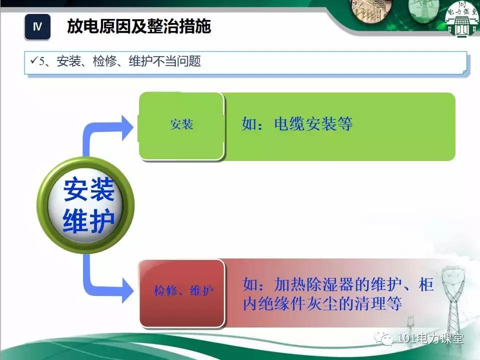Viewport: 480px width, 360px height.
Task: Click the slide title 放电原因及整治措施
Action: (139, 26)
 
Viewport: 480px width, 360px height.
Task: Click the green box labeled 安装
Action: (181, 125)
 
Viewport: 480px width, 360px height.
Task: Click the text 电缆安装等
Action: (313, 124)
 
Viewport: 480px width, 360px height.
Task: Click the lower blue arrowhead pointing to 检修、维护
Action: (128, 289)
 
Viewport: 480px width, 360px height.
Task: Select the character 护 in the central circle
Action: (102, 220)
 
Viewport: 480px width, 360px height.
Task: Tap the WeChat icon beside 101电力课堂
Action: (386, 339)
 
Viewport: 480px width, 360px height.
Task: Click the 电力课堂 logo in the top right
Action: (461, 20)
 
